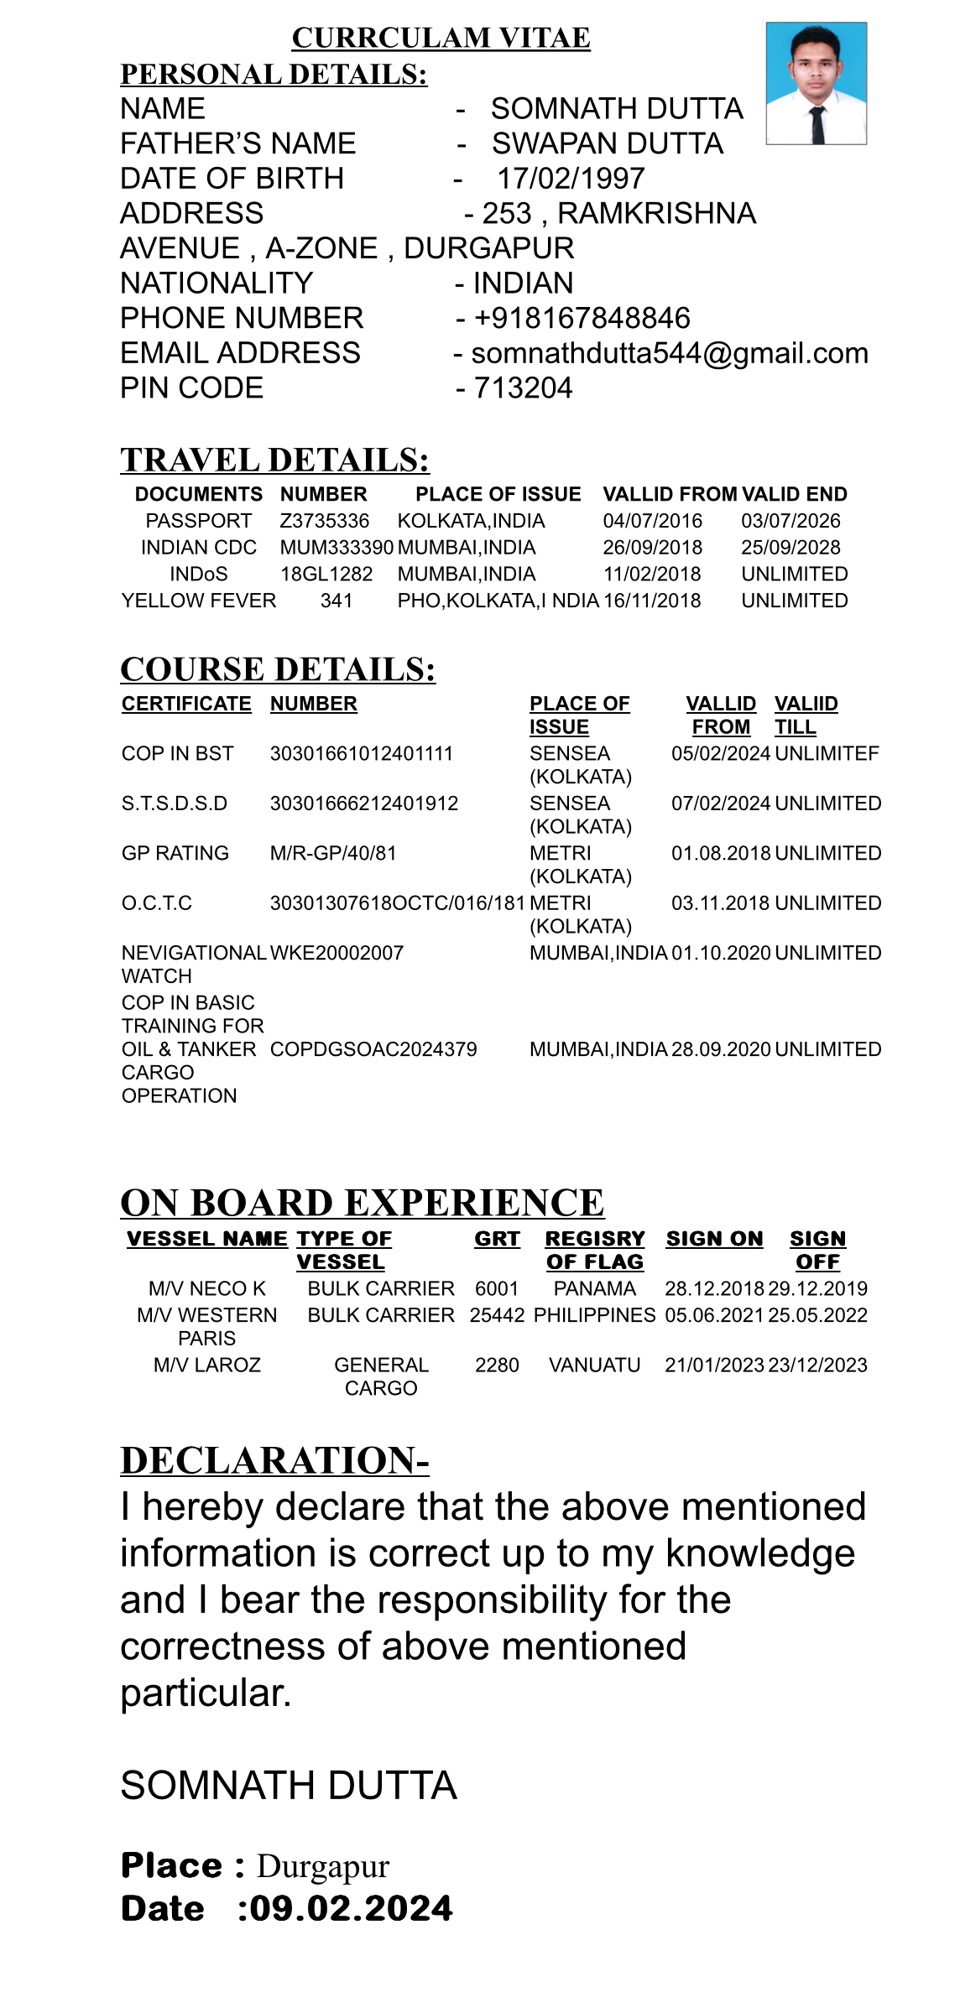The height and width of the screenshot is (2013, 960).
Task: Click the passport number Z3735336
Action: (324, 521)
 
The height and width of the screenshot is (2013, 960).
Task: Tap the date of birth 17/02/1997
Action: (571, 179)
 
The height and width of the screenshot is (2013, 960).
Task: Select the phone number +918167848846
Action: (582, 318)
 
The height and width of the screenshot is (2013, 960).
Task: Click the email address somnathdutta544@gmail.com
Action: (670, 353)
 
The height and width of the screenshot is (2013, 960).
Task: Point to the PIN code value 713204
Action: (523, 388)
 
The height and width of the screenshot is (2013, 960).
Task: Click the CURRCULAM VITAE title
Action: (441, 38)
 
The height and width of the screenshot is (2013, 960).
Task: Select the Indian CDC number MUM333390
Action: (337, 548)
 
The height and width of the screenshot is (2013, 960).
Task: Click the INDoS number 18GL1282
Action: (326, 575)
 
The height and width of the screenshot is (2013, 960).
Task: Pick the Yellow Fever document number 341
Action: (337, 601)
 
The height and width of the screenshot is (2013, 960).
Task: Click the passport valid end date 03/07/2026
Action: (790, 521)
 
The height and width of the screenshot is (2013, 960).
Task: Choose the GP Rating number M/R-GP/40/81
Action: (333, 853)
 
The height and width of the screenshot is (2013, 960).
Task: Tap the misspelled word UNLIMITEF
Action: (827, 753)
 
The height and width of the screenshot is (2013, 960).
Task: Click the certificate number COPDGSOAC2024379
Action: (373, 1049)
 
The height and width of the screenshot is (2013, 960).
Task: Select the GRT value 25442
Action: (497, 1315)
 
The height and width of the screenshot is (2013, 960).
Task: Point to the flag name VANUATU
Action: (594, 1365)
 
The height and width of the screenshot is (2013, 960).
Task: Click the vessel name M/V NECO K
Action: (207, 1288)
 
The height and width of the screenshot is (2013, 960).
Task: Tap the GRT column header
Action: (497, 1239)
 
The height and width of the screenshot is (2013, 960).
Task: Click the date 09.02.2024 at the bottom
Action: (352, 1908)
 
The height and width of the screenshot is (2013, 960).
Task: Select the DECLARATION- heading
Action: (274, 1460)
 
